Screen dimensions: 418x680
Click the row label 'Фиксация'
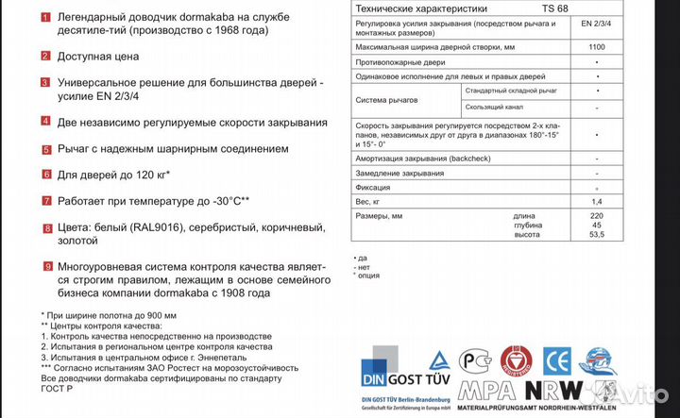(375, 188)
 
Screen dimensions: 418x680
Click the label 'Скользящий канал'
(497, 108)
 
